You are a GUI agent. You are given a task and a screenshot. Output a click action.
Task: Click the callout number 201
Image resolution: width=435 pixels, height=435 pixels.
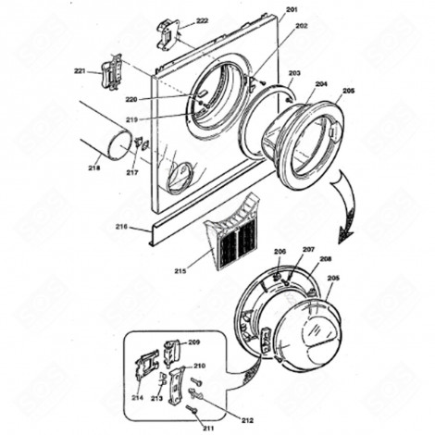[292, 9]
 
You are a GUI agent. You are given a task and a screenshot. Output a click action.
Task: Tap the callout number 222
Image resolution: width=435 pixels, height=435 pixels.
[202, 20]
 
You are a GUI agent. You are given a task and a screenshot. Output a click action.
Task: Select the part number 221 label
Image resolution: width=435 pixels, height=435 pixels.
[81, 70]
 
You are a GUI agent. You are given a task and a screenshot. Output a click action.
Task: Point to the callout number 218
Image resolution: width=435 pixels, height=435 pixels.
[94, 168]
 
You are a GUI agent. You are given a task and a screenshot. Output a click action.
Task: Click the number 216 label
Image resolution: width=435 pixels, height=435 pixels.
[121, 226]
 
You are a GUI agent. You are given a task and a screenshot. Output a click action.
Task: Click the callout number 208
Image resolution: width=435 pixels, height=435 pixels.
[325, 260]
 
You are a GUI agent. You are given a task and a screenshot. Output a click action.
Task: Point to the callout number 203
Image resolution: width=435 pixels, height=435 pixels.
[294, 72]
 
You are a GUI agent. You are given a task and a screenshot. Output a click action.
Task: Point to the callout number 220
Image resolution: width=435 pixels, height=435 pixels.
[182, 98]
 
